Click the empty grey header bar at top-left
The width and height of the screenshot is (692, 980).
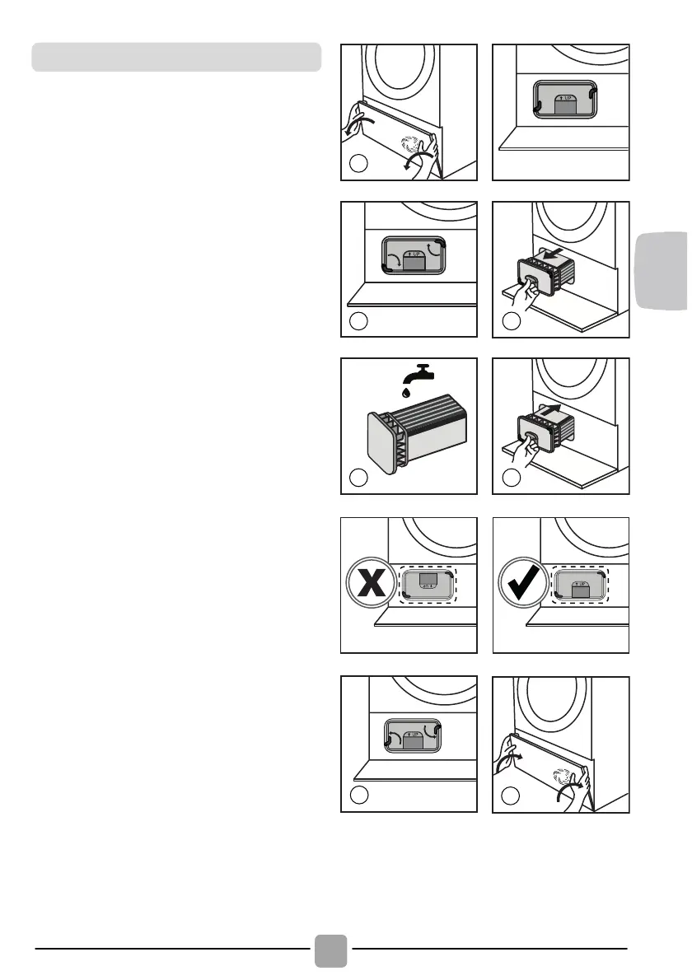coord(175,58)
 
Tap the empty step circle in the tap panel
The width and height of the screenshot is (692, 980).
coord(358,477)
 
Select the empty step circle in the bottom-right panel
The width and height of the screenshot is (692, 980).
coord(510,796)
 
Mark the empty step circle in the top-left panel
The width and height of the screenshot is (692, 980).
coord(358,164)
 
